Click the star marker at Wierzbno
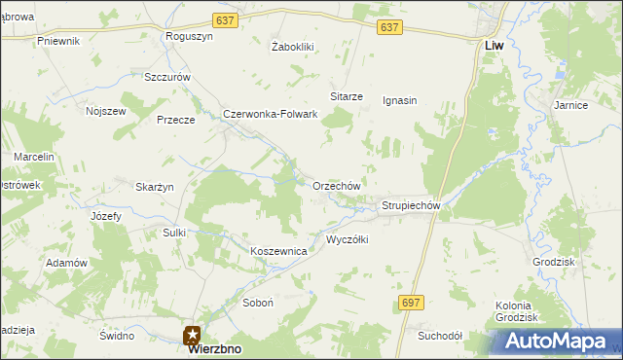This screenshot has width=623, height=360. (193, 335)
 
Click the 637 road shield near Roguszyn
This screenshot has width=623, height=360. (225, 20)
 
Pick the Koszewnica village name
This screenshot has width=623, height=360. (278, 251)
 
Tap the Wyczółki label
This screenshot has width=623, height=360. (347, 239)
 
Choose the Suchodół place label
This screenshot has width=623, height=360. (439, 336)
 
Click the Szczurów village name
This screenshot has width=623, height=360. (166, 77)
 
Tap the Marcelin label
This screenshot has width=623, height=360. (33, 157)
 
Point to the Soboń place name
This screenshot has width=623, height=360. (258, 303)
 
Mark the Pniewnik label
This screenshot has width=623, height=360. (57, 41)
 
